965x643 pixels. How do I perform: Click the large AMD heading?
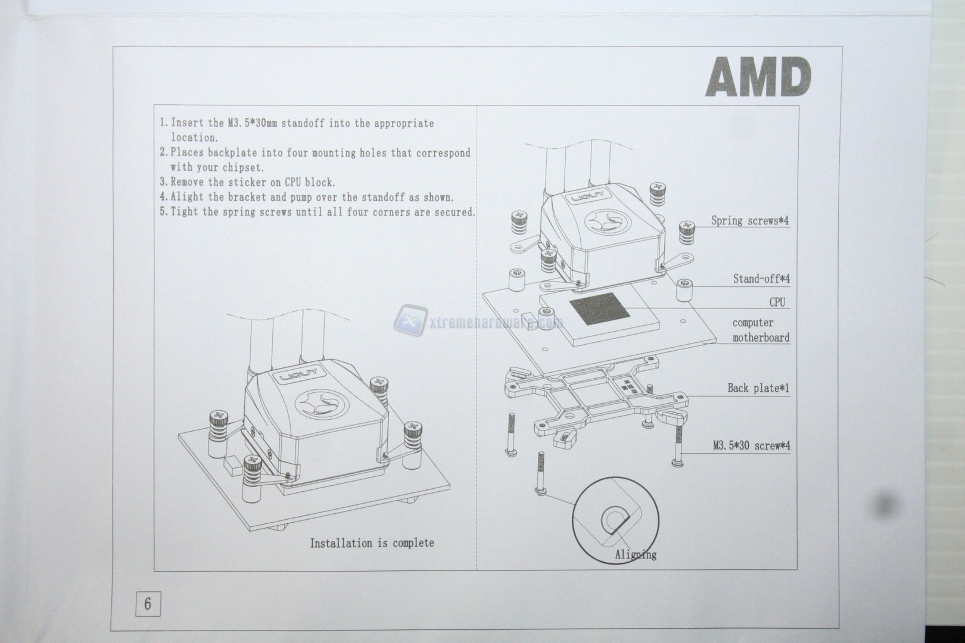[758, 77]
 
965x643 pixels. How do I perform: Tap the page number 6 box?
[148, 604]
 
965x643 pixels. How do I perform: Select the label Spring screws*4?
[750, 221]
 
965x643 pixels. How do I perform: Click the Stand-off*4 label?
[761, 279]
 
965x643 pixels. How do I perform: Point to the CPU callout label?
[777, 302]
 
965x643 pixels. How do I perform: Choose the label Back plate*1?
[758, 388]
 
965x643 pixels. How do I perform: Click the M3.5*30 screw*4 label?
[751, 445]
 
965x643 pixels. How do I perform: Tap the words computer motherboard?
[761, 330]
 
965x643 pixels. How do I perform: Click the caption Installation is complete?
[372, 543]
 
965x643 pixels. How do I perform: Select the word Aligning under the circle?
[636, 555]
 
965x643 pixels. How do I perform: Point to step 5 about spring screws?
[317, 212]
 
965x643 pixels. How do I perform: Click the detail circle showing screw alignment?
[615, 520]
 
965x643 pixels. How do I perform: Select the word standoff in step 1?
[302, 124]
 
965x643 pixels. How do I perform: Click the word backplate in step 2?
[233, 153]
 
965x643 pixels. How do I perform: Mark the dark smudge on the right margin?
[888, 505]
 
